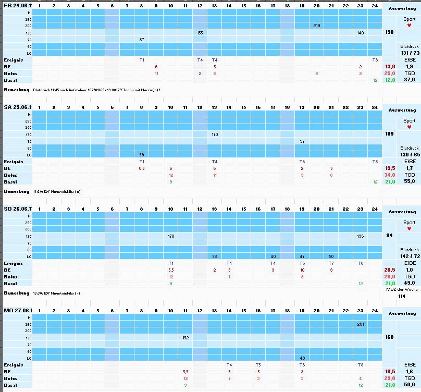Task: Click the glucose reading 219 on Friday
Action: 317,26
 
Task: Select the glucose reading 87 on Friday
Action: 142,40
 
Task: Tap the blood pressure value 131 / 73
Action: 409,53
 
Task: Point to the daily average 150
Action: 389,32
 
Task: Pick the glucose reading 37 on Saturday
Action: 302,141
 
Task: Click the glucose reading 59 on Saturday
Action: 142,155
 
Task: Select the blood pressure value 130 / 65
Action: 409,155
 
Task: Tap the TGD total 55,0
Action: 409,182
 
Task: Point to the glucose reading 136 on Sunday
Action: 361,236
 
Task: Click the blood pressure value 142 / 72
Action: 409,256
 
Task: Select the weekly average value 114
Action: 402,297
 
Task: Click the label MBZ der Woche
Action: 402,290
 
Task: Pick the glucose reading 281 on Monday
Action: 361,324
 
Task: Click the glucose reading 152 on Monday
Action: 185,338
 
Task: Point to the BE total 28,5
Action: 389,270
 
